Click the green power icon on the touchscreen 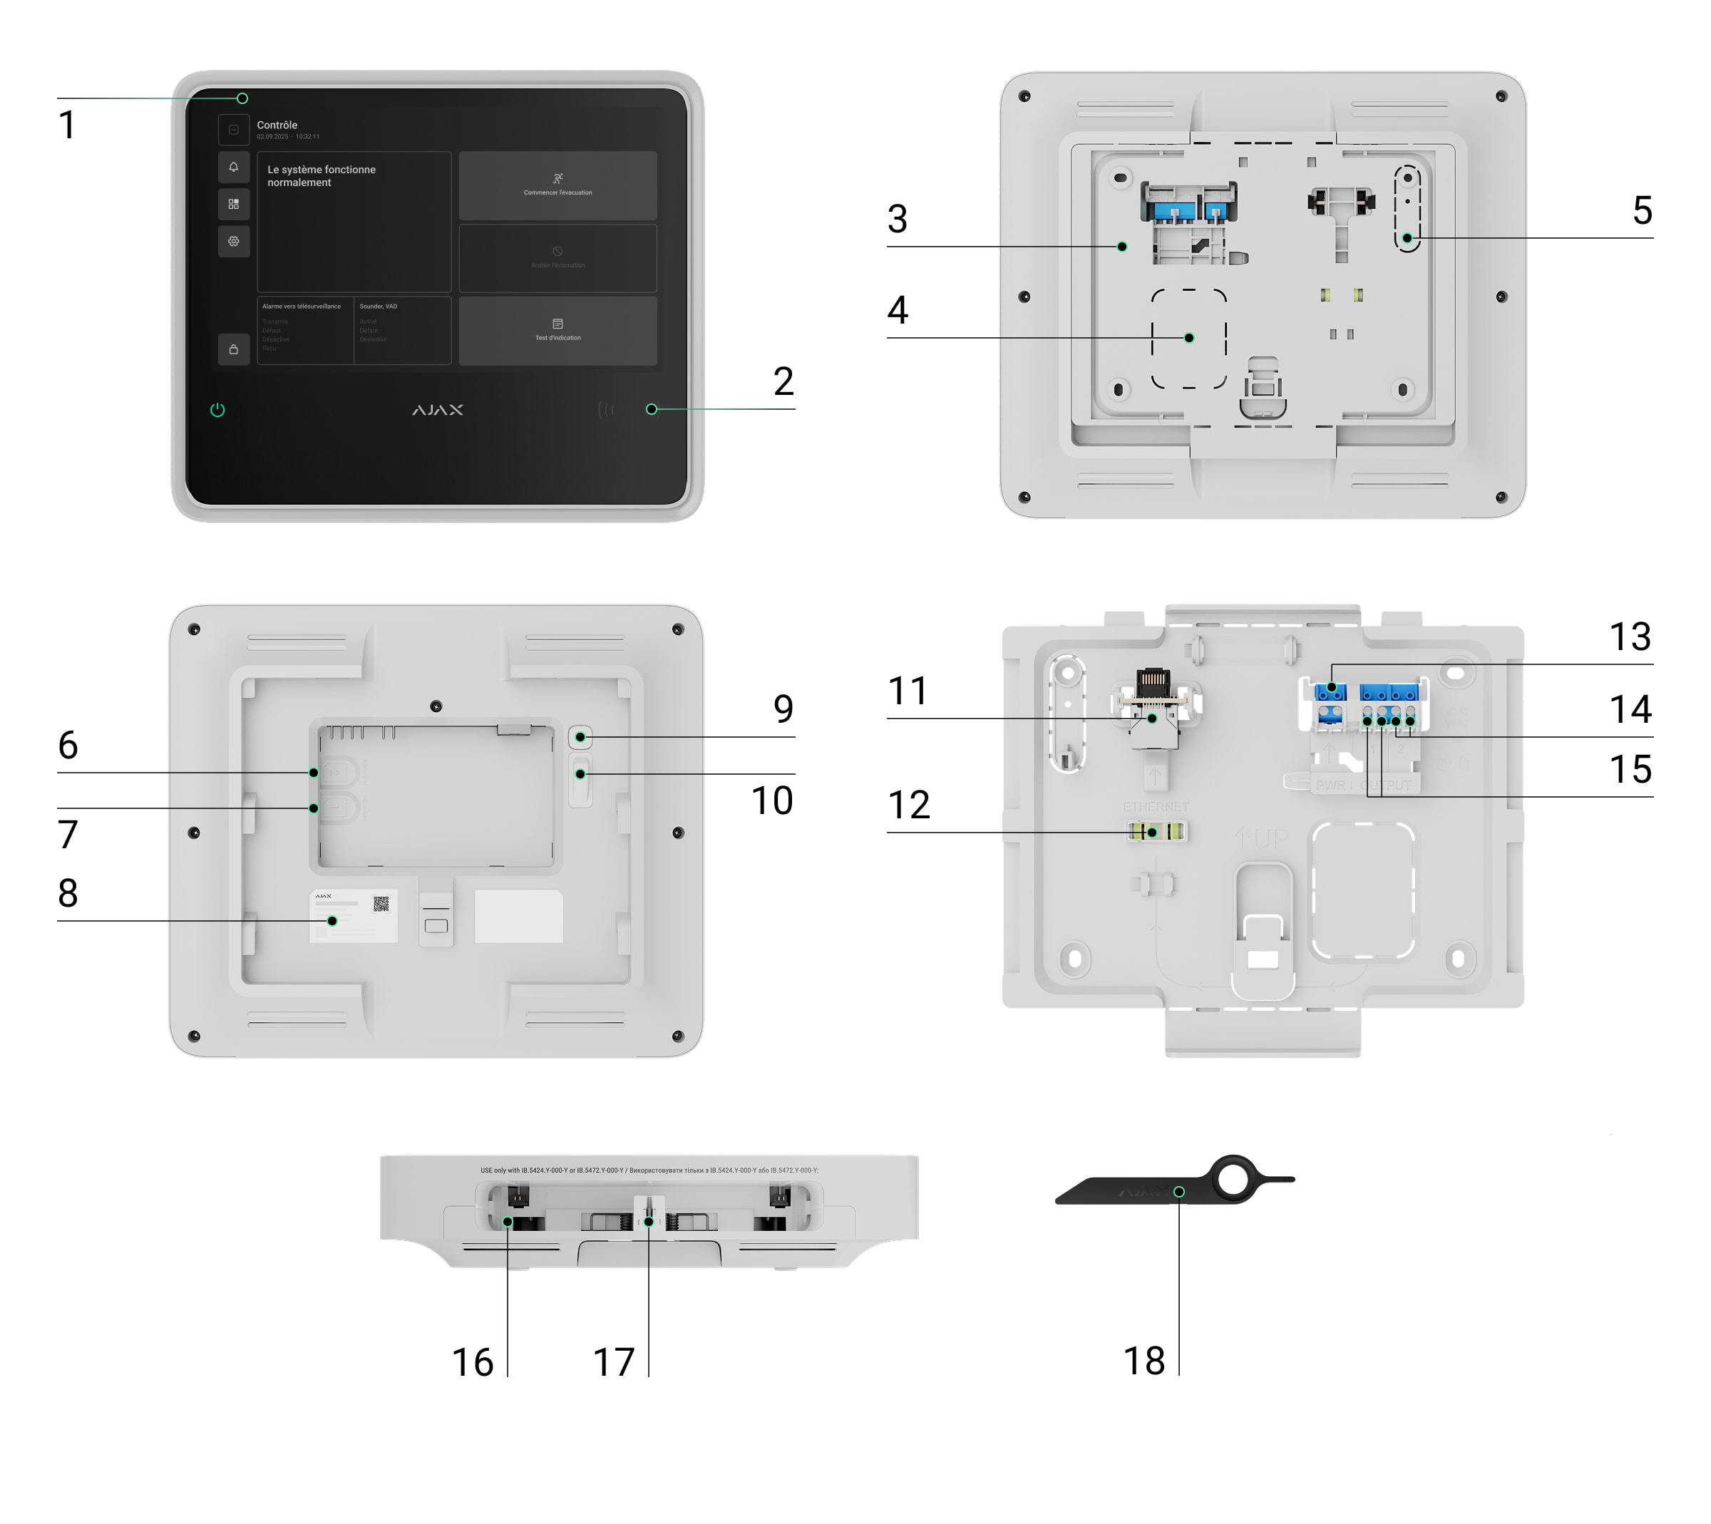tap(217, 409)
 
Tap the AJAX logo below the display tap(437, 409)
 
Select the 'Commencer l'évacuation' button tap(558, 185)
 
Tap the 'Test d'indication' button tap(558, 330)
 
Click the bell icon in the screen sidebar tap(234, 167)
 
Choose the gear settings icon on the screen tap(234, 241)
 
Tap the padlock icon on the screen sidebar tap(234, 349)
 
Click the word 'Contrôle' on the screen tap(277, 125)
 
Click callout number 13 tap(1630, 637)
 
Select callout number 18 tap(1144, 1361)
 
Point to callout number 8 tap(68, 892)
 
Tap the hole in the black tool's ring tap(1233, 1179)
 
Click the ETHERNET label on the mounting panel tap(1156, 806)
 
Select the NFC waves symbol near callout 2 tap(605, 409)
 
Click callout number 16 tap(473, 1362)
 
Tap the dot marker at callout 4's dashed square tap(1188, 337)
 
